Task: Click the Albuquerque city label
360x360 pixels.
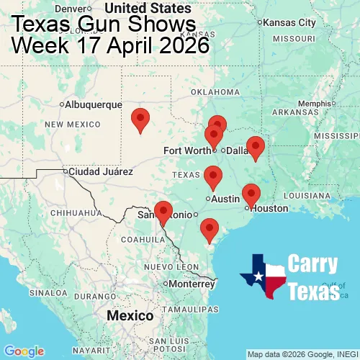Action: (x=94, y=104)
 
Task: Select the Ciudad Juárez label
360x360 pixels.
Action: (x=101, y=172)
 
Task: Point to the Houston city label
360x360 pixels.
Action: (x=270, y=208)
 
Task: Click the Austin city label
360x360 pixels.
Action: (x=225, y=199)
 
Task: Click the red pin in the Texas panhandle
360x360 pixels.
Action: (x=141, y=119)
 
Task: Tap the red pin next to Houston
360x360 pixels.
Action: (x=251, y=194)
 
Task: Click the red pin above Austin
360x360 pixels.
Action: (x=212, y=176)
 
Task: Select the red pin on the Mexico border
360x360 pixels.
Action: (x=163, y=212)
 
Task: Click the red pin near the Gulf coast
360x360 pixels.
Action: (x=210, y=229)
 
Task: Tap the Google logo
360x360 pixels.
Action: (x=24, y=351)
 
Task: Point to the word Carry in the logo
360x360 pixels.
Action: (x=314, y=264)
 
